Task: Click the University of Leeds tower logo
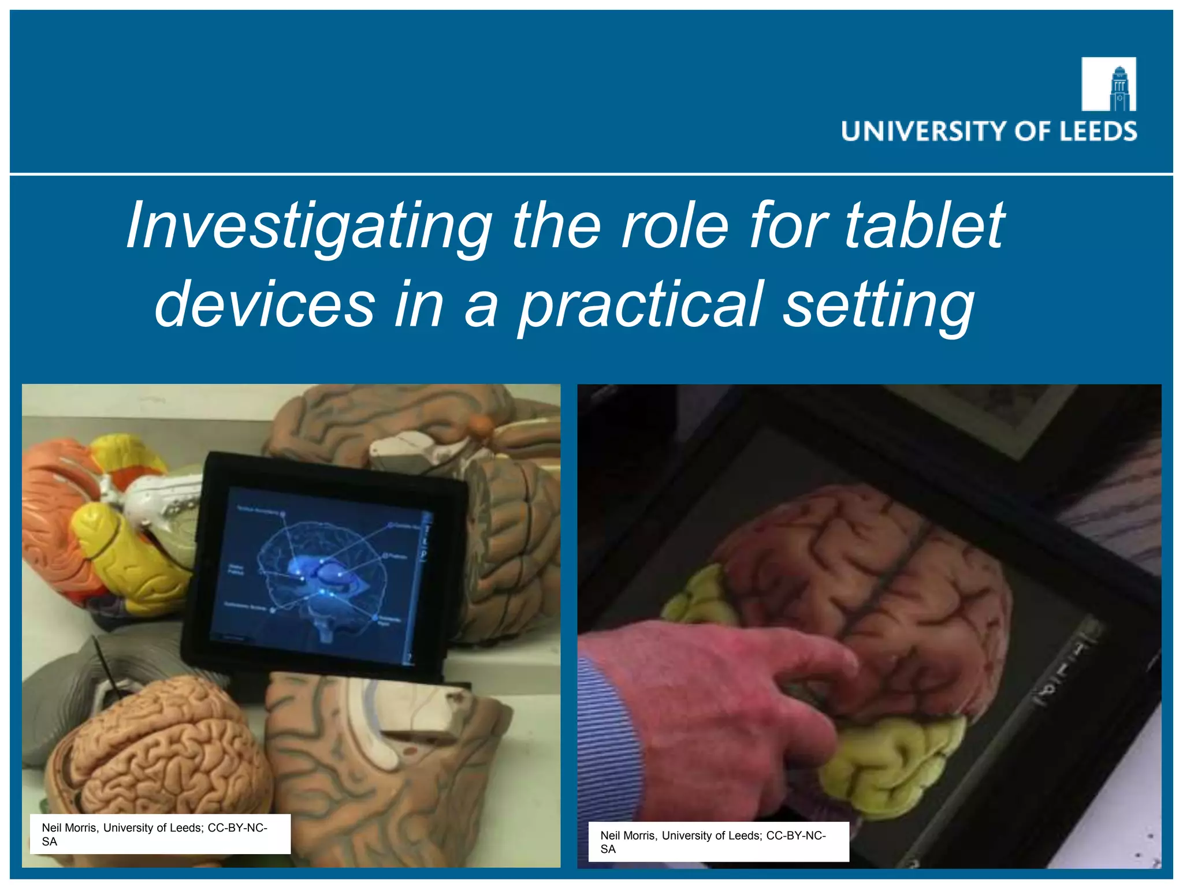point(1108,84)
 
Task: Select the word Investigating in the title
point(309,226)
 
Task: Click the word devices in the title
point(265,305)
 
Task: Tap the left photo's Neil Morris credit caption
point(156,834)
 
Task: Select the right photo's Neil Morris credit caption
point(718,842)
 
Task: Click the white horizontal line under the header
point(591,174)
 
